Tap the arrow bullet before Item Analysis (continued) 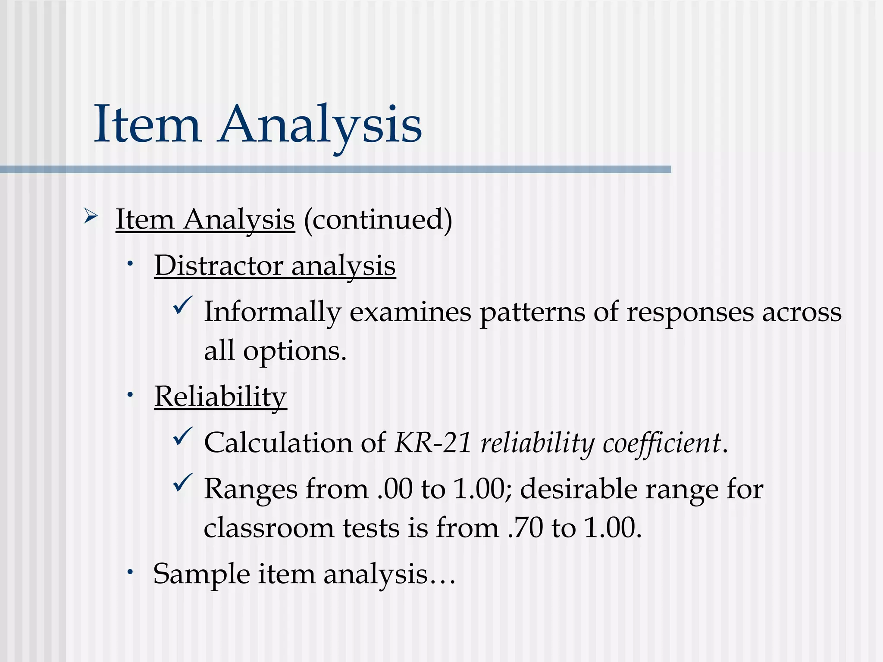(91, 215)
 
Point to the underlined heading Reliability (220, 397)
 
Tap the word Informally (272, 312)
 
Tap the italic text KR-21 (433, 443)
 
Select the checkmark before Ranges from (182, 483)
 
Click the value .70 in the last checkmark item (525, 528)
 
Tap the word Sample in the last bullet (201, 575)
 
